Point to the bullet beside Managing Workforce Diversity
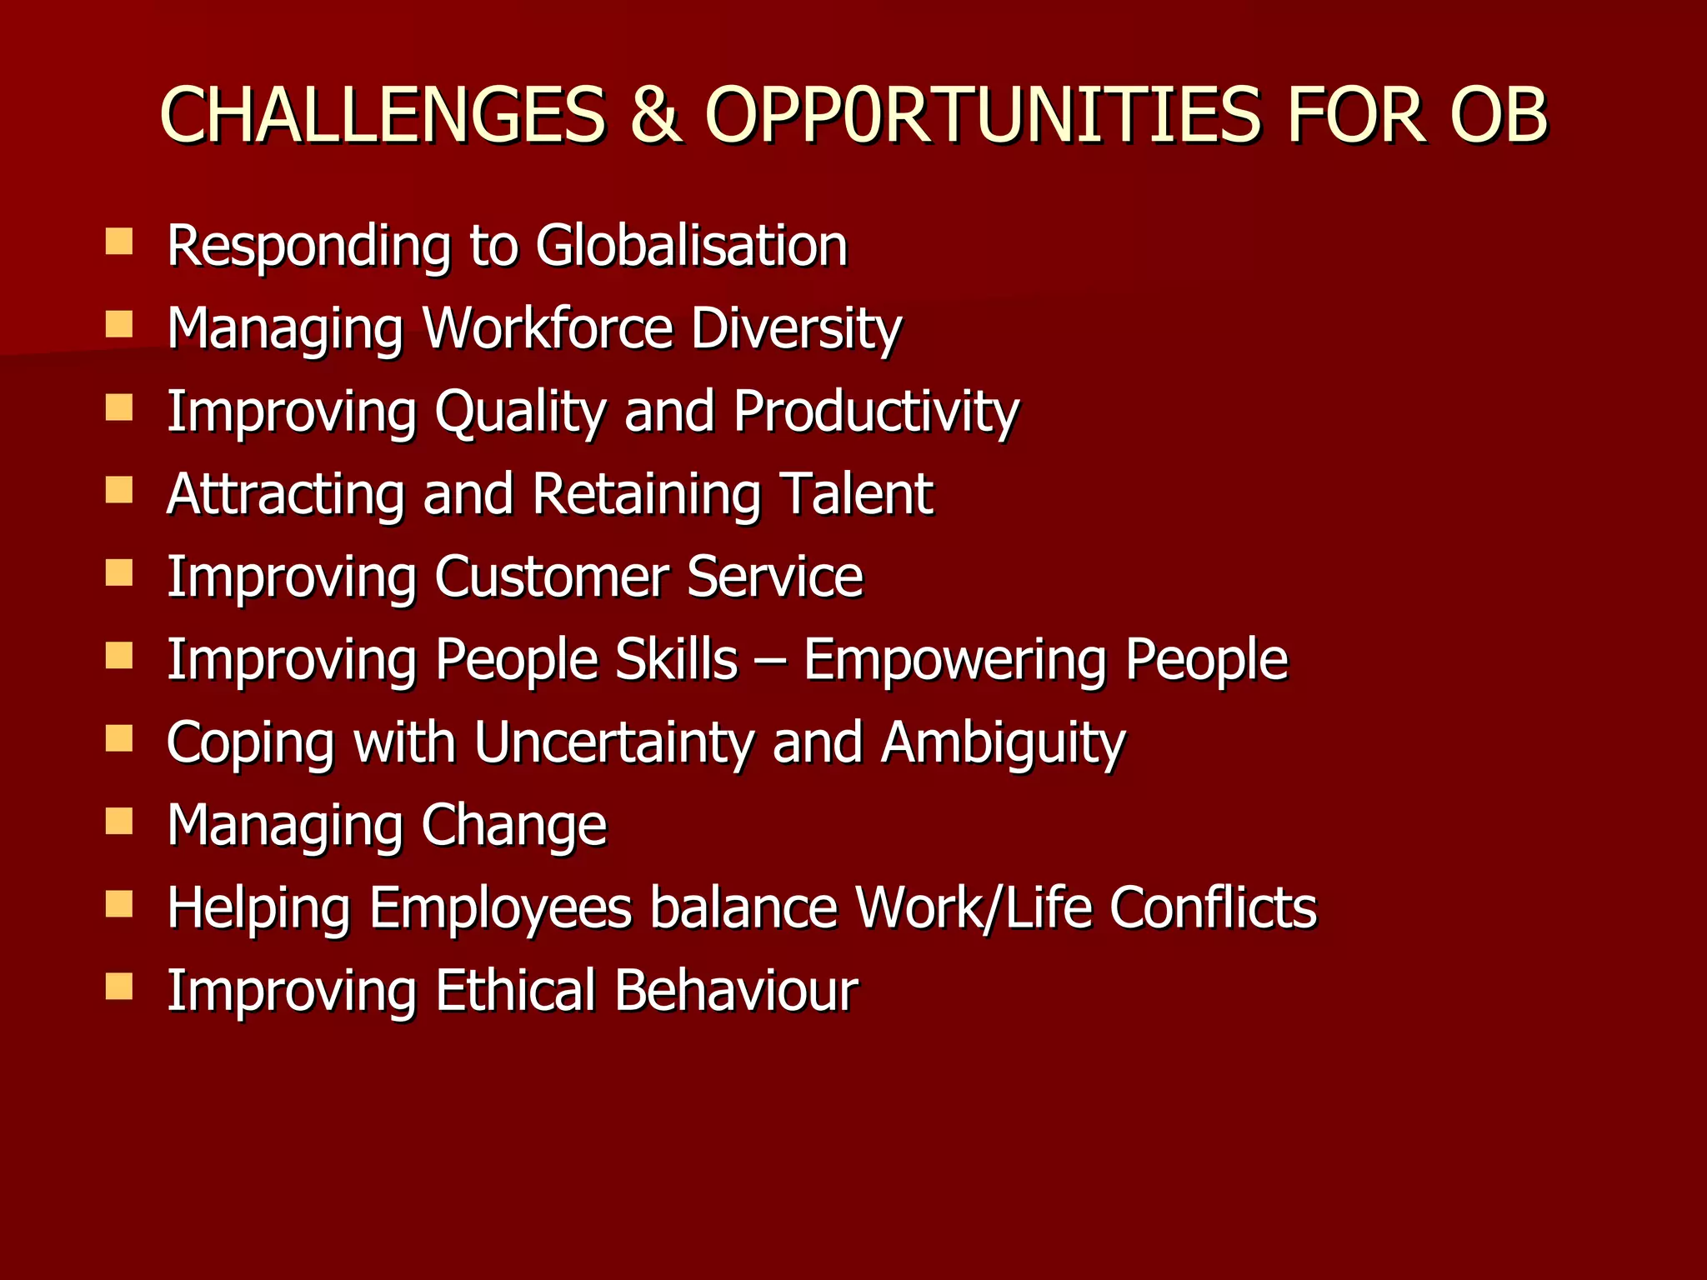click(119, 324)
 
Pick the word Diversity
click(796, 329)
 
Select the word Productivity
click(876, 412)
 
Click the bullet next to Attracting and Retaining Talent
click(119, 490)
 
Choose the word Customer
click(551, 577)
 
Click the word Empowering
click(954, 661)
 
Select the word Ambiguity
click(1004, 743)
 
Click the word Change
click(513, 827)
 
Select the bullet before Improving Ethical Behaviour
click(119, 987)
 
